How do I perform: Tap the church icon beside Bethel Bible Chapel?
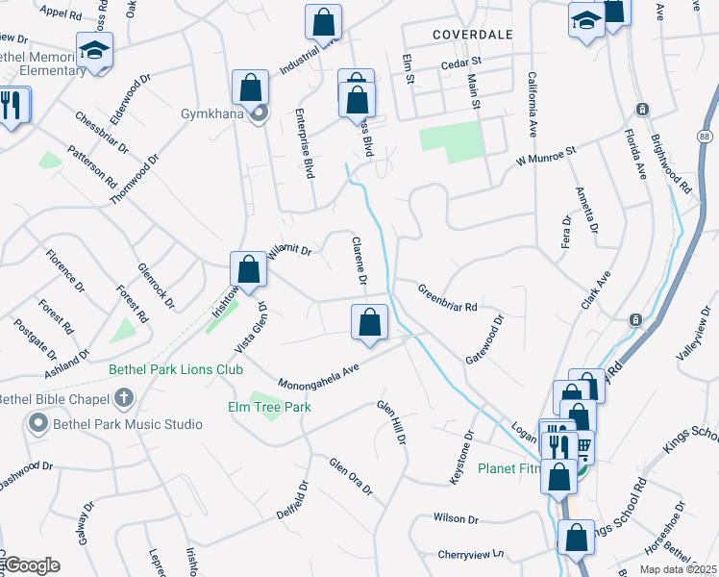[x=123, y=397]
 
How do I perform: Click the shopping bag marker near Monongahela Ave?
[x=369, y=322]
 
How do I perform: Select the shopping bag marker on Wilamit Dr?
[x=248, y=269]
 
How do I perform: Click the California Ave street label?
[x=531, y=103]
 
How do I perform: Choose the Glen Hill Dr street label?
[x=392, y=422]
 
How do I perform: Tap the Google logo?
[x=32, y=565]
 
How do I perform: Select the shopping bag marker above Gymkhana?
[x=250, y=88]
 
